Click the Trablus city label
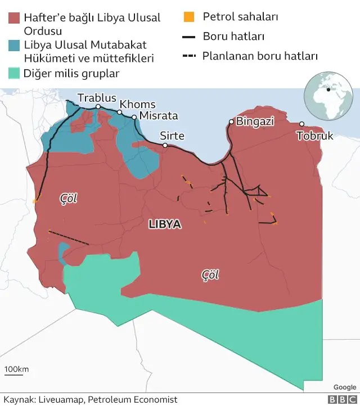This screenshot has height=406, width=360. (97, 98)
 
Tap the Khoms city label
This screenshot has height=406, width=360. (137, 105)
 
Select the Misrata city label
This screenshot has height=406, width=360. (157, 116)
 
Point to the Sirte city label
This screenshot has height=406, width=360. (172, 136)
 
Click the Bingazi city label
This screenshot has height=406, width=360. (255, 121)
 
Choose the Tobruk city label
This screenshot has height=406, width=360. (314, 136)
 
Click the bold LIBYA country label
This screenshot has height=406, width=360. (164, 224)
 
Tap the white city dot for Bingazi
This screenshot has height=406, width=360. (231, 121)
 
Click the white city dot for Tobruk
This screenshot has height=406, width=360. (301, 124)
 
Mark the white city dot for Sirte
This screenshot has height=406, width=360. (165, 146)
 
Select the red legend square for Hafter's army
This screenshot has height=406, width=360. (15, 17)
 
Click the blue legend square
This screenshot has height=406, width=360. (15, 45)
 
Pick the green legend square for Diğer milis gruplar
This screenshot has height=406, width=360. (15, 73)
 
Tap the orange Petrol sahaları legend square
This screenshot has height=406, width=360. (189, 17)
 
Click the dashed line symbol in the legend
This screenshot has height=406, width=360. (189, 56)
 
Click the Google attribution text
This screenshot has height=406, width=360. (344, 387)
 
